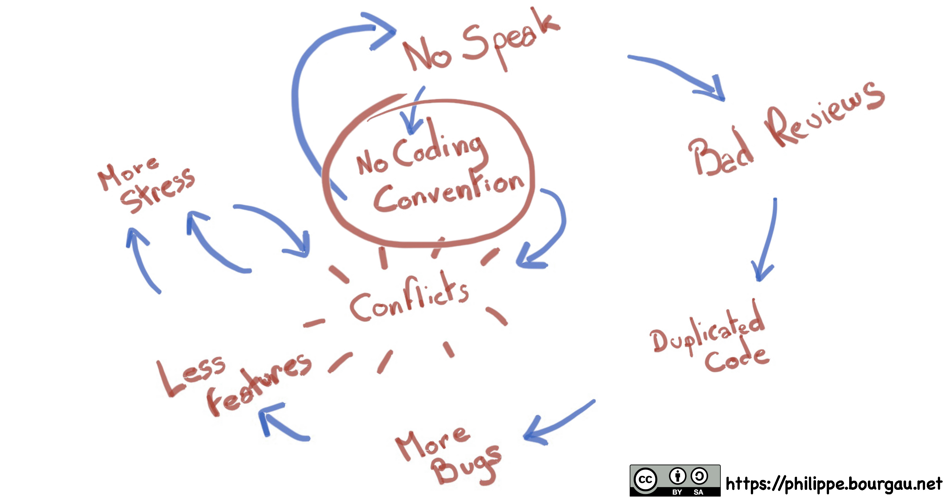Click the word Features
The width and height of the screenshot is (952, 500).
pyautogui.click(x=259, y=384)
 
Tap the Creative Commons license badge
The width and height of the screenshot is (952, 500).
pyautogui.click(x=675, y=480)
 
